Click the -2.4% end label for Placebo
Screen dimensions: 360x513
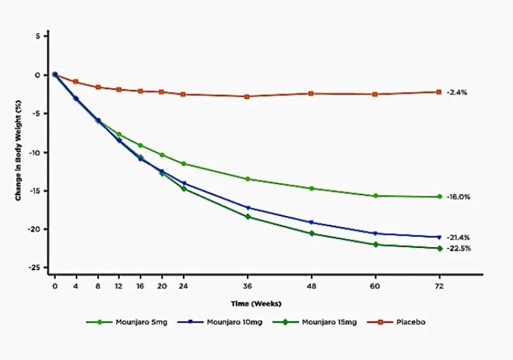(x=457, y=93)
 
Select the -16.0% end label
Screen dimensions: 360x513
(x=458, y=197)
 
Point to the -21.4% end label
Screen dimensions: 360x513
(x=458, y=237)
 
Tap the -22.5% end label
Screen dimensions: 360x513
(x=458, y=248)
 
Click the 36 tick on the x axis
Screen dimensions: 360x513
(x=248, y=286)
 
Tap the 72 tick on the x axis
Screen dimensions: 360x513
(x=438, y=286)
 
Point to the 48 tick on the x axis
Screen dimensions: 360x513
(x=311, y=286)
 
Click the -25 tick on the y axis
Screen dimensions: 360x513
(x=37, y=268)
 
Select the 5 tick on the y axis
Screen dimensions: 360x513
(x=39, y=37)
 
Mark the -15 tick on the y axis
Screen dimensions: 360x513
(x=37, y=191)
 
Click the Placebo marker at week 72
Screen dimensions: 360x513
(x=438, y=92)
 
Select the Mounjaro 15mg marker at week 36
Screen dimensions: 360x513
(x=248, y=217)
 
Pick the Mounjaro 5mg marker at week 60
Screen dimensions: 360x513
(x=375, y=196)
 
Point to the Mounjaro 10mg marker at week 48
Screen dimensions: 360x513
(x=311, y=222)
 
